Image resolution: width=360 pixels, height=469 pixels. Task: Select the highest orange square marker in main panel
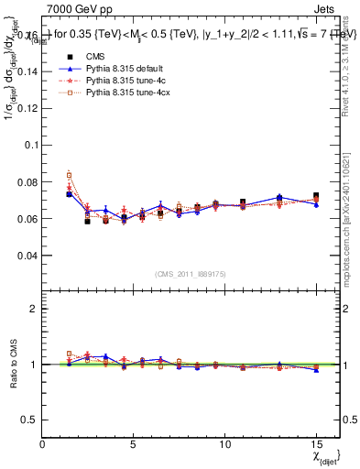[70, 174]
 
